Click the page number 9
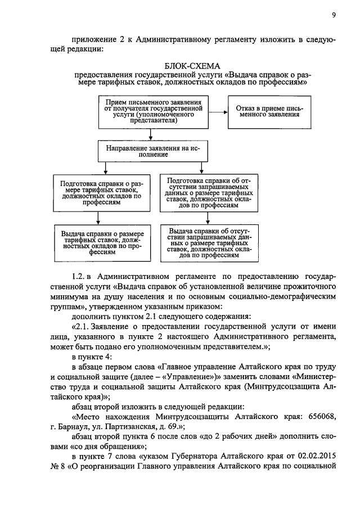(x=333, y=15)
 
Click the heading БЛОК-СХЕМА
(x=191, y=66)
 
